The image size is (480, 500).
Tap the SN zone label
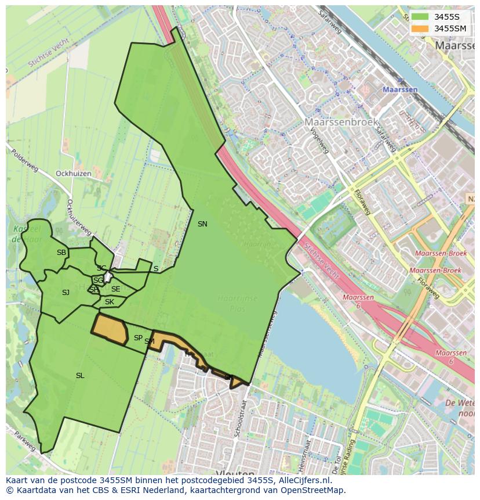pos(202,224)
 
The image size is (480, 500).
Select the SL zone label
pos(80,376)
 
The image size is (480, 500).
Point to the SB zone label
pos(61,253)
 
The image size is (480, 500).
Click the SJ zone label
pos(66,293)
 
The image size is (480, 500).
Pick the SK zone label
pos(110,302)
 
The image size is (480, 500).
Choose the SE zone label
pos(115,289)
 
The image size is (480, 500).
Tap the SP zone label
pos(138,337)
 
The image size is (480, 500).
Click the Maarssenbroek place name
pos(341,122)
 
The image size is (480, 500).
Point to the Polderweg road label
pos(24,160)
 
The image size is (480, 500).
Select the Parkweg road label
pos(26,442)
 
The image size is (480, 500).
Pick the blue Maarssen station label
pos(400,90)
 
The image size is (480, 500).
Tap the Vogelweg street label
pos(320,142)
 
